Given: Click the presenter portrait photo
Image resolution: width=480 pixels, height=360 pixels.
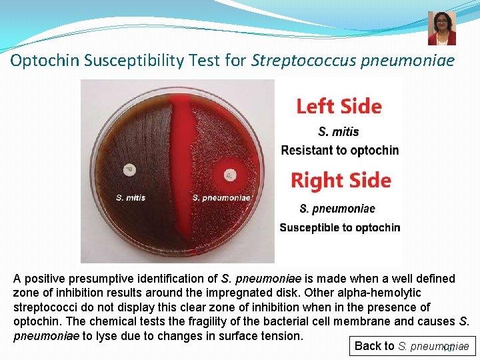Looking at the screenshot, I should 442,28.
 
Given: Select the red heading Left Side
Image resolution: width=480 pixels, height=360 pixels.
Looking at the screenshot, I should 339,107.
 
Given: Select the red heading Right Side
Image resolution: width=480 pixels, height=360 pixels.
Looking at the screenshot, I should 341,180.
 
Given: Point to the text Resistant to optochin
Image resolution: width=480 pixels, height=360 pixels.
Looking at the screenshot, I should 340,150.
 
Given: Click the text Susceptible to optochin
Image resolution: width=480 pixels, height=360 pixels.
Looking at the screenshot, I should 340,227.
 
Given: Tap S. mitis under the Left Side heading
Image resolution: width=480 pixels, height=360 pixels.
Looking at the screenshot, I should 339,131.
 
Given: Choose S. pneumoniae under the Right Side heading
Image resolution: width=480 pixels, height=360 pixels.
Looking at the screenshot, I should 337,209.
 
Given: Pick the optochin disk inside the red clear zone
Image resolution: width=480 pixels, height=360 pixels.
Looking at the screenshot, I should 229,175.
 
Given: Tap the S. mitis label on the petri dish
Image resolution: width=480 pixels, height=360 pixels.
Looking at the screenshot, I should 131,197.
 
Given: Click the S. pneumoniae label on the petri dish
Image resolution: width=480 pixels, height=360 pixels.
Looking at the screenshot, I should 221,197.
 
